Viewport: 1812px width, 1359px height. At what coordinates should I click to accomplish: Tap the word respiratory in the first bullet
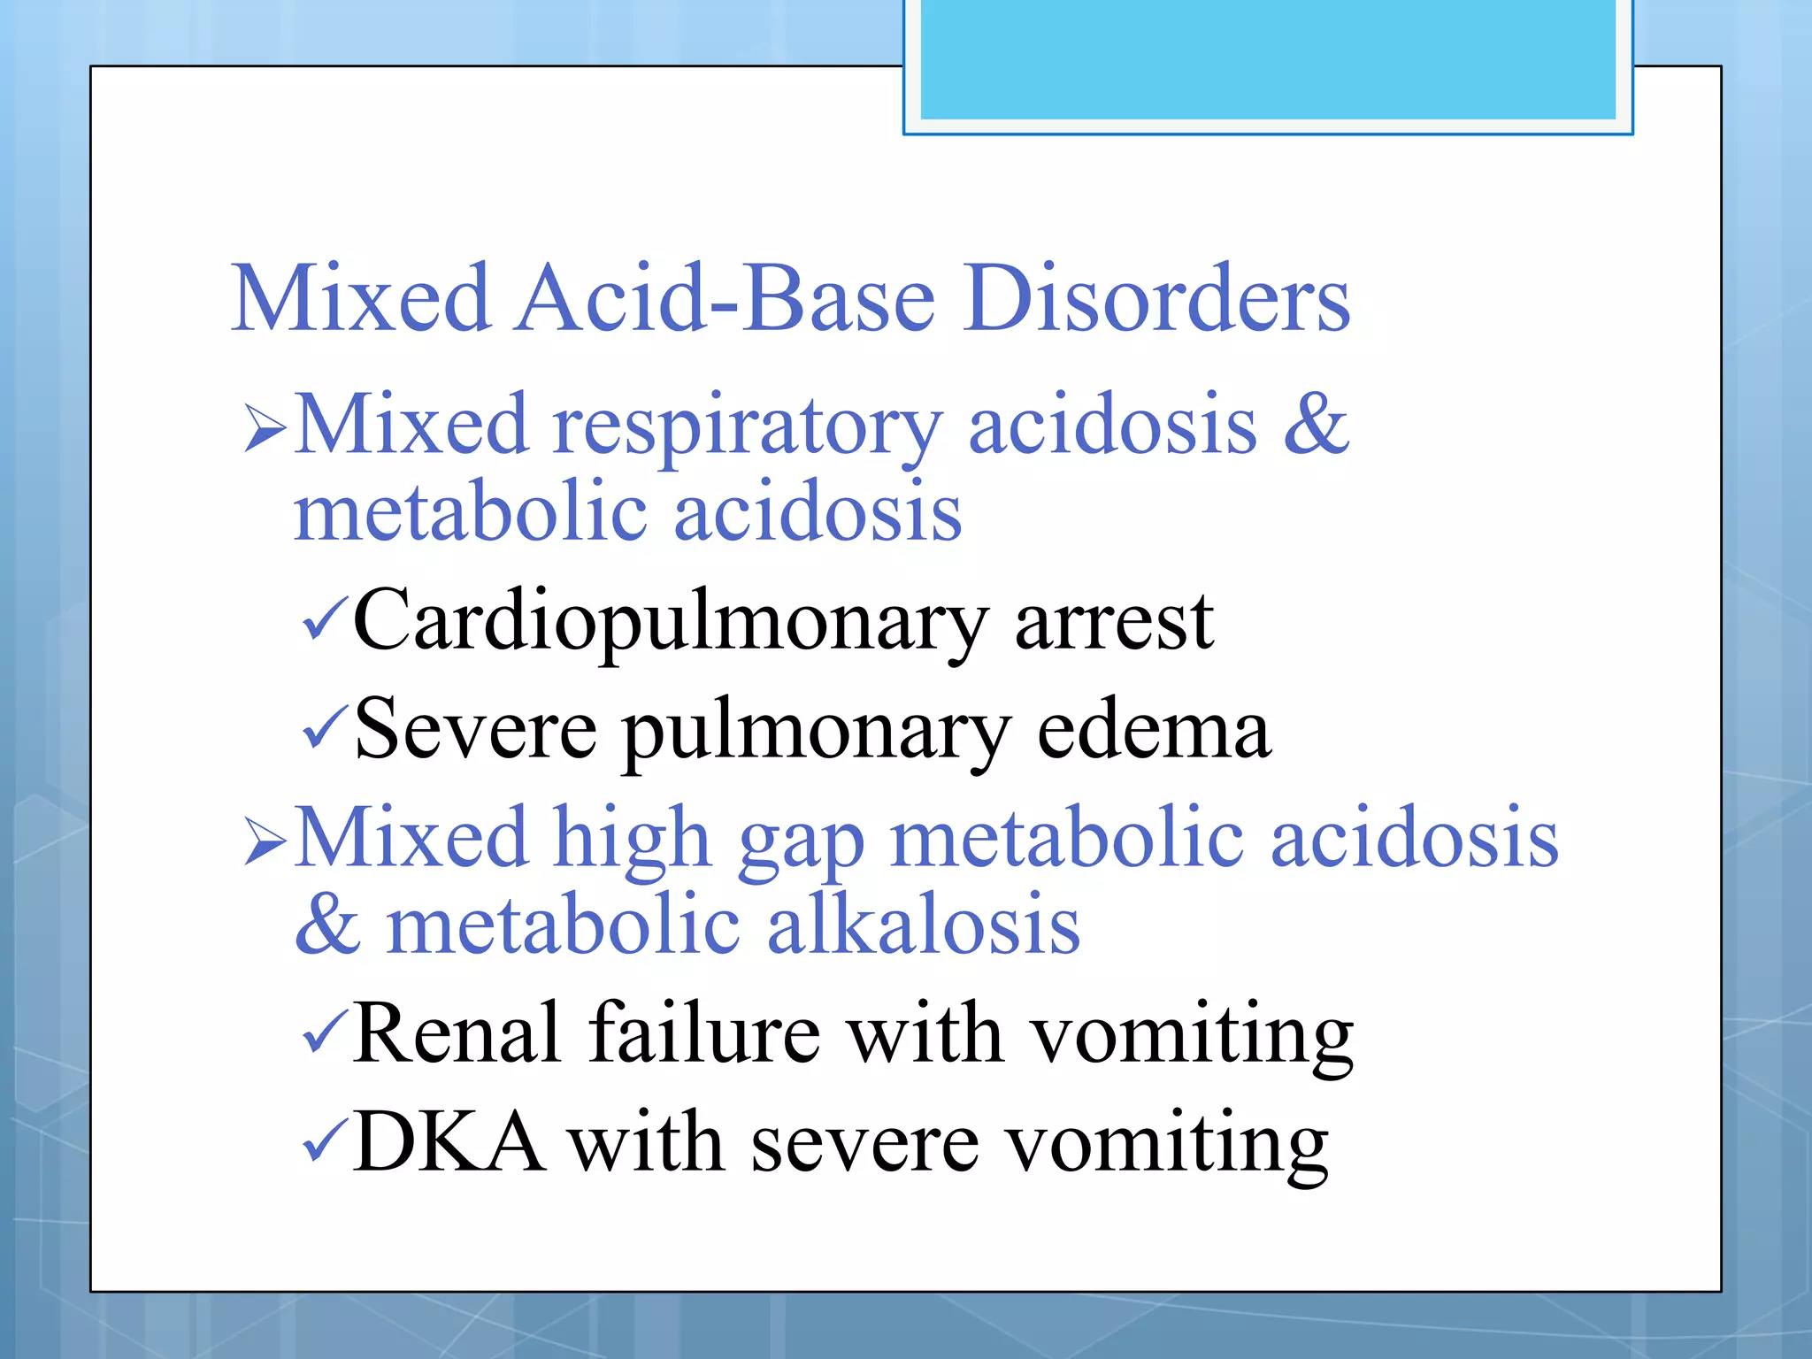tap(748, 426)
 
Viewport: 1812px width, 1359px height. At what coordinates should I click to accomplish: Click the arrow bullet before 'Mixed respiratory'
tap(265, 429)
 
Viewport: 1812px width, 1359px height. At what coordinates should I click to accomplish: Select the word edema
tap(1154, 731)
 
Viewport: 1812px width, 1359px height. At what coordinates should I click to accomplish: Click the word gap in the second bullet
tap(801, 841)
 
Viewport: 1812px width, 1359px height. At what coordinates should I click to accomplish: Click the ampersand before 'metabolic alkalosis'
tap(327, 925)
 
